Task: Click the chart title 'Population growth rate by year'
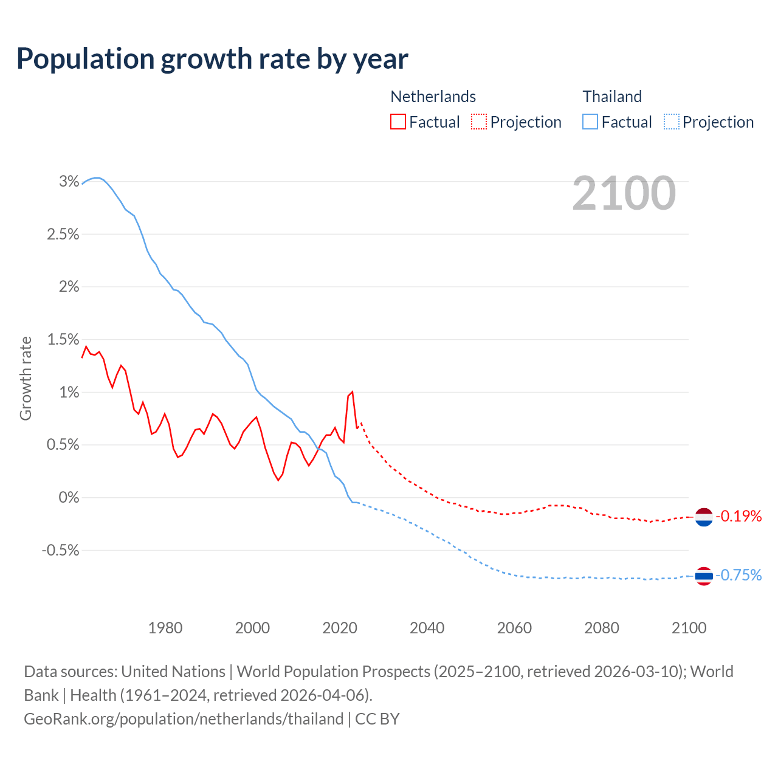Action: (x=212, y=59)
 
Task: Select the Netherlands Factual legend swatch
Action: (x=398, y=122)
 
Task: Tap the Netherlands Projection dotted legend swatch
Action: (x=479, y=122)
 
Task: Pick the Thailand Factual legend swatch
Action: (x=590, y=122)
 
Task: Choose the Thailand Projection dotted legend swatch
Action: (x=671, y=122)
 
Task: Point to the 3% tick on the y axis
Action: (x=69, y=181)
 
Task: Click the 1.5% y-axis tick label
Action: (x=63, y=339)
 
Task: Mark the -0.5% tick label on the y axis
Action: (x=60, y=550)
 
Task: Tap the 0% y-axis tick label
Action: (x=69, y=497)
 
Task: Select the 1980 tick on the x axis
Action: (x=165, y=628)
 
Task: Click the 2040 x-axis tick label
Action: (x=427, y=628)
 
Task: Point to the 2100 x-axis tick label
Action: (x=689, y=628)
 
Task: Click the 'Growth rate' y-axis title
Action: (x=26, y=378)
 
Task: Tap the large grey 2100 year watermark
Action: (x=624, y=193)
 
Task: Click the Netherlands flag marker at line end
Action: (x=704, y=517)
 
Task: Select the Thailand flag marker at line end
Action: (x=704, y=575)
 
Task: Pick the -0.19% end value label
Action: (x=739, y=517)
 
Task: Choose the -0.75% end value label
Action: (x=739, y=575)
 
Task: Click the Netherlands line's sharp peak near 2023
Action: (x=352, y=392)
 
